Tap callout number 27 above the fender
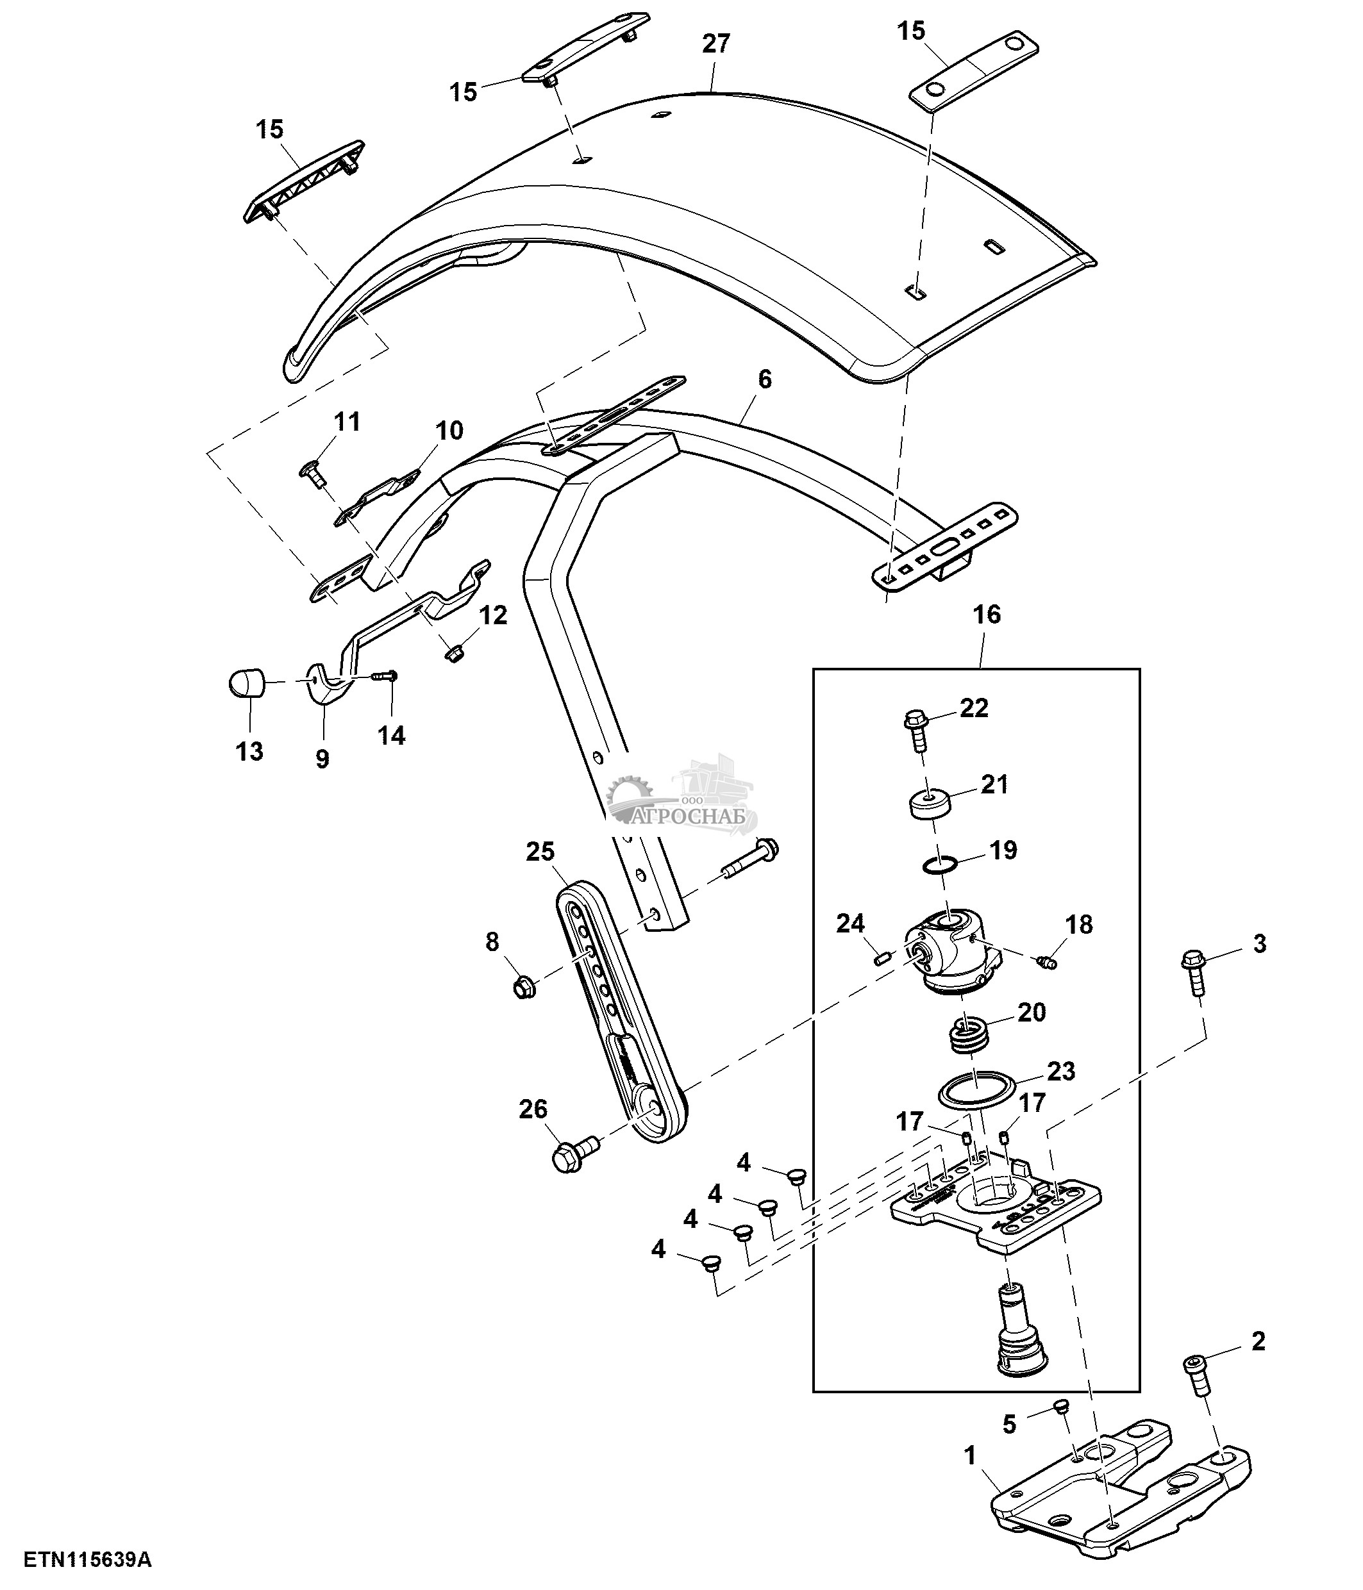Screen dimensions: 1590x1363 [x=715, y=44]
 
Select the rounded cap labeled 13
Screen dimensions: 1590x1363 [x=247, y=681]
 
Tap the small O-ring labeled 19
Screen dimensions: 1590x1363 [x=939, y=866]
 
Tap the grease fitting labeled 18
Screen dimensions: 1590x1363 [x=1046, y=961]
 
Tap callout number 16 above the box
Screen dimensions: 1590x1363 [x=987, y=614]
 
